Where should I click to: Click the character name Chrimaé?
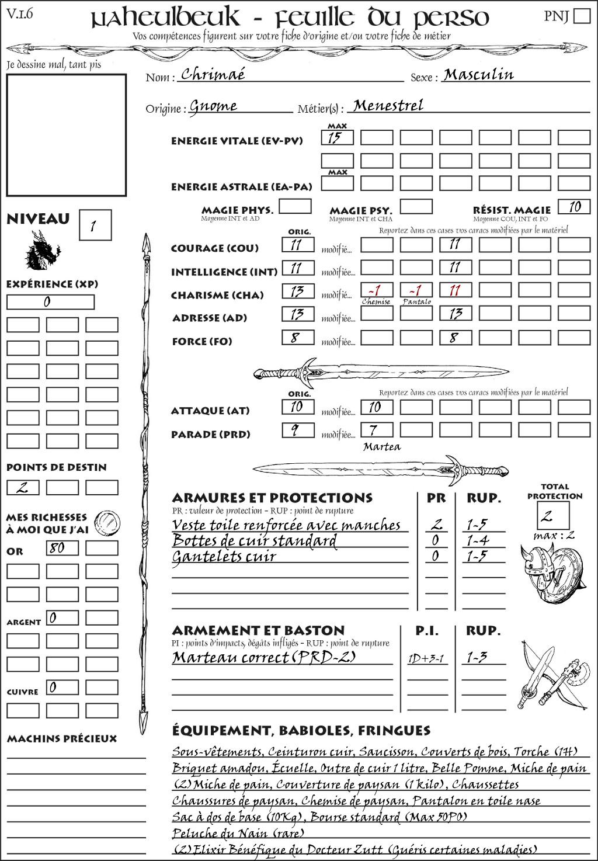(213, 74)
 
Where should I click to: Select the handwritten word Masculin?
(478, 74)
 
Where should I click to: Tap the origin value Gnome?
(213, 106)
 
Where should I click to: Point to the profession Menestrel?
(388, 106)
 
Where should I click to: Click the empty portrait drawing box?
(66, 135)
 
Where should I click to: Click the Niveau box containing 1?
(95, 225)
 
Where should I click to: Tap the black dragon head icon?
(42, 251)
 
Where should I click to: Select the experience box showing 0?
(50, 302)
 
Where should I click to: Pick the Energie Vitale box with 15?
(337, 138)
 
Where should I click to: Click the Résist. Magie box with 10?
(573, 207)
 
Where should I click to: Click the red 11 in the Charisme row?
(455, 290)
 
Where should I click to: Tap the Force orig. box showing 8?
(298, 337)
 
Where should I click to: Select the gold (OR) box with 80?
(62, 548)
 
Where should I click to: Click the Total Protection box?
(552, 515)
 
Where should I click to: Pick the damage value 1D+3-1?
(426, 658)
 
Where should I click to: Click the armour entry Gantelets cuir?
(224, 557)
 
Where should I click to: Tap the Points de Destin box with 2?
(23, 487)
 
